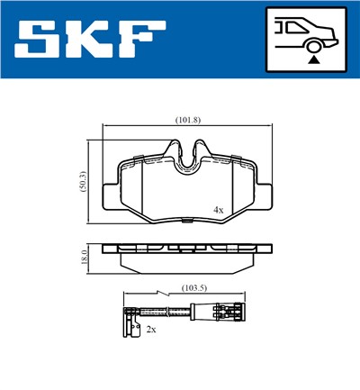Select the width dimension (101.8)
click(x=186, y=120)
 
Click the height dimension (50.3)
click(x=80, y=181)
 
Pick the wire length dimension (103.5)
click(x=195, y=288)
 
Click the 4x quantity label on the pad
click(x=218, y=209)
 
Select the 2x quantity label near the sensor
click(x=151, y=330)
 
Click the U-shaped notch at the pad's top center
click(x=188, y=157)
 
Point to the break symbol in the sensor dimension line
click(x=159, y=294)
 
